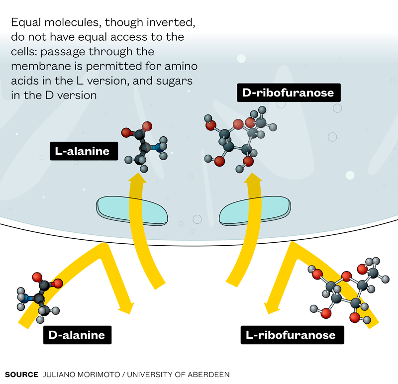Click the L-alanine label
[83, 151]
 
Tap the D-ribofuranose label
[288, 93]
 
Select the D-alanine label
[77, 335]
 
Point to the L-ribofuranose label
[291, 335]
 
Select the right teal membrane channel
[254, 210]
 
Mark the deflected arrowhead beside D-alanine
[126, 306]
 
